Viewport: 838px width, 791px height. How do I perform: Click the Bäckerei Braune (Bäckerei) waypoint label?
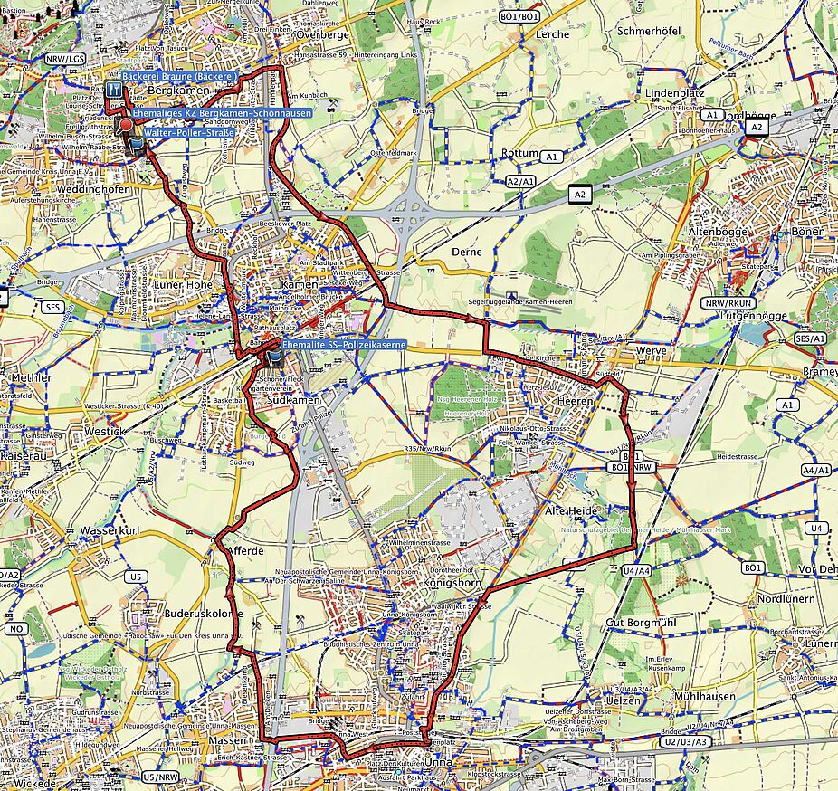179,78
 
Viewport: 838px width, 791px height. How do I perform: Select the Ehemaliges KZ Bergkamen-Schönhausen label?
222,113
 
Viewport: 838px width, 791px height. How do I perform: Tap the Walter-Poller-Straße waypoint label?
189,133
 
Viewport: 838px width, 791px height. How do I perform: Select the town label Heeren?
576,401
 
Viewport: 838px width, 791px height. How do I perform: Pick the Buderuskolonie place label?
202,613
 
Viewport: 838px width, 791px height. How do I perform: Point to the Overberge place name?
323,34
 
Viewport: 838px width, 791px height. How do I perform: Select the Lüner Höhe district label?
186,284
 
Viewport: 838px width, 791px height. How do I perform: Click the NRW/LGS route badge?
63,59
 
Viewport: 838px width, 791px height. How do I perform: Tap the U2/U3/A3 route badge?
686,742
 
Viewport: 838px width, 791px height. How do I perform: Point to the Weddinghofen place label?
90,189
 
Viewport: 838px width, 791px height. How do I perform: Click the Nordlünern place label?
786,599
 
